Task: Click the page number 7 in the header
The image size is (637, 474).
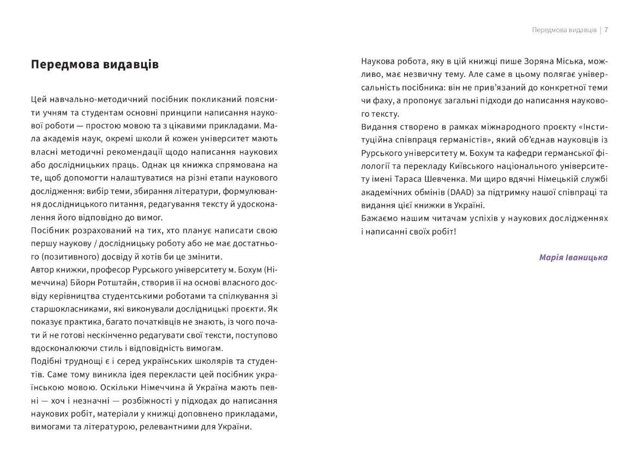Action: pos(606,30)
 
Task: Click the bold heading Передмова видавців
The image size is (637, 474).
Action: pos(95,64)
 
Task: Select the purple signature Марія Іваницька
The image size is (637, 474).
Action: pos(573,257)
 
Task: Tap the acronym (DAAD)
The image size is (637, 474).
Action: pos(448,192)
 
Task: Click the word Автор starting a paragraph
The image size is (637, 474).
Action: pos(43,270)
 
